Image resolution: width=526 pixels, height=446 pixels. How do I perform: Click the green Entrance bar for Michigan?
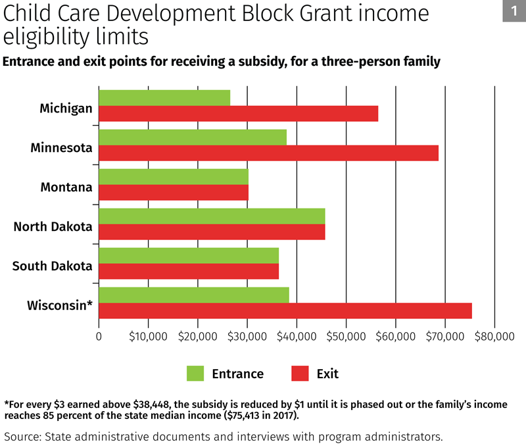click(164, 97)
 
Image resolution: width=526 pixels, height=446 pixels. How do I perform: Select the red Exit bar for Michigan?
click(238, 113)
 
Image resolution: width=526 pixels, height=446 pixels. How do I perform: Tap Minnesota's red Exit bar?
click(268, 153)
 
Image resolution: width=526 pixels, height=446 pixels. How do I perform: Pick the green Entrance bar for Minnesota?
click(193, 137)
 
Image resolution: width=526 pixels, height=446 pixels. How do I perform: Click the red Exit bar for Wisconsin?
click(285, 310)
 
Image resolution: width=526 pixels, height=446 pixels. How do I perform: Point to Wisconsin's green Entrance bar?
click(194, 295)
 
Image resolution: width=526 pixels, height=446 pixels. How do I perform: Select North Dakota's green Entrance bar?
click(212, 216)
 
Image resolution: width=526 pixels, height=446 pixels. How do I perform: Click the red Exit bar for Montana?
click(174, 192)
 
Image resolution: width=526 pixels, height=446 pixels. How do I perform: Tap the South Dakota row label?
click(53, 266)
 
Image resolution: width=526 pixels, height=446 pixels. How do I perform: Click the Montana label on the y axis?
click(66, 187)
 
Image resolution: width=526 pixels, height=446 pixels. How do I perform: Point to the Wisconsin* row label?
click(60, 306)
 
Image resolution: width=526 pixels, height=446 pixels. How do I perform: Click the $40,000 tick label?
click(297, 336)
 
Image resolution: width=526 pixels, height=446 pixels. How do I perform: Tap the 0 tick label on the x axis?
click(99, 336)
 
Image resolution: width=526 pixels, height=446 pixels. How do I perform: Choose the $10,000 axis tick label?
click(149, 336)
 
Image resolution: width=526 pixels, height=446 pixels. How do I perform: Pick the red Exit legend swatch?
click(300, 374)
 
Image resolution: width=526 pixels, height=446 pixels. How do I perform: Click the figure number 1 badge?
click(513, 11)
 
